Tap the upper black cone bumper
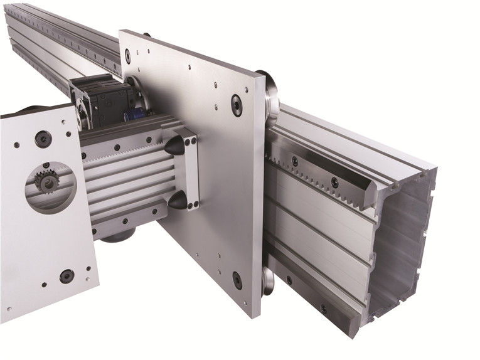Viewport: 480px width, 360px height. [176, 146]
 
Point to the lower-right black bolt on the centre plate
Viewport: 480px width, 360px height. [237, 280]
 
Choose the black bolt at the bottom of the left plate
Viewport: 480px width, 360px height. [67, 276]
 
